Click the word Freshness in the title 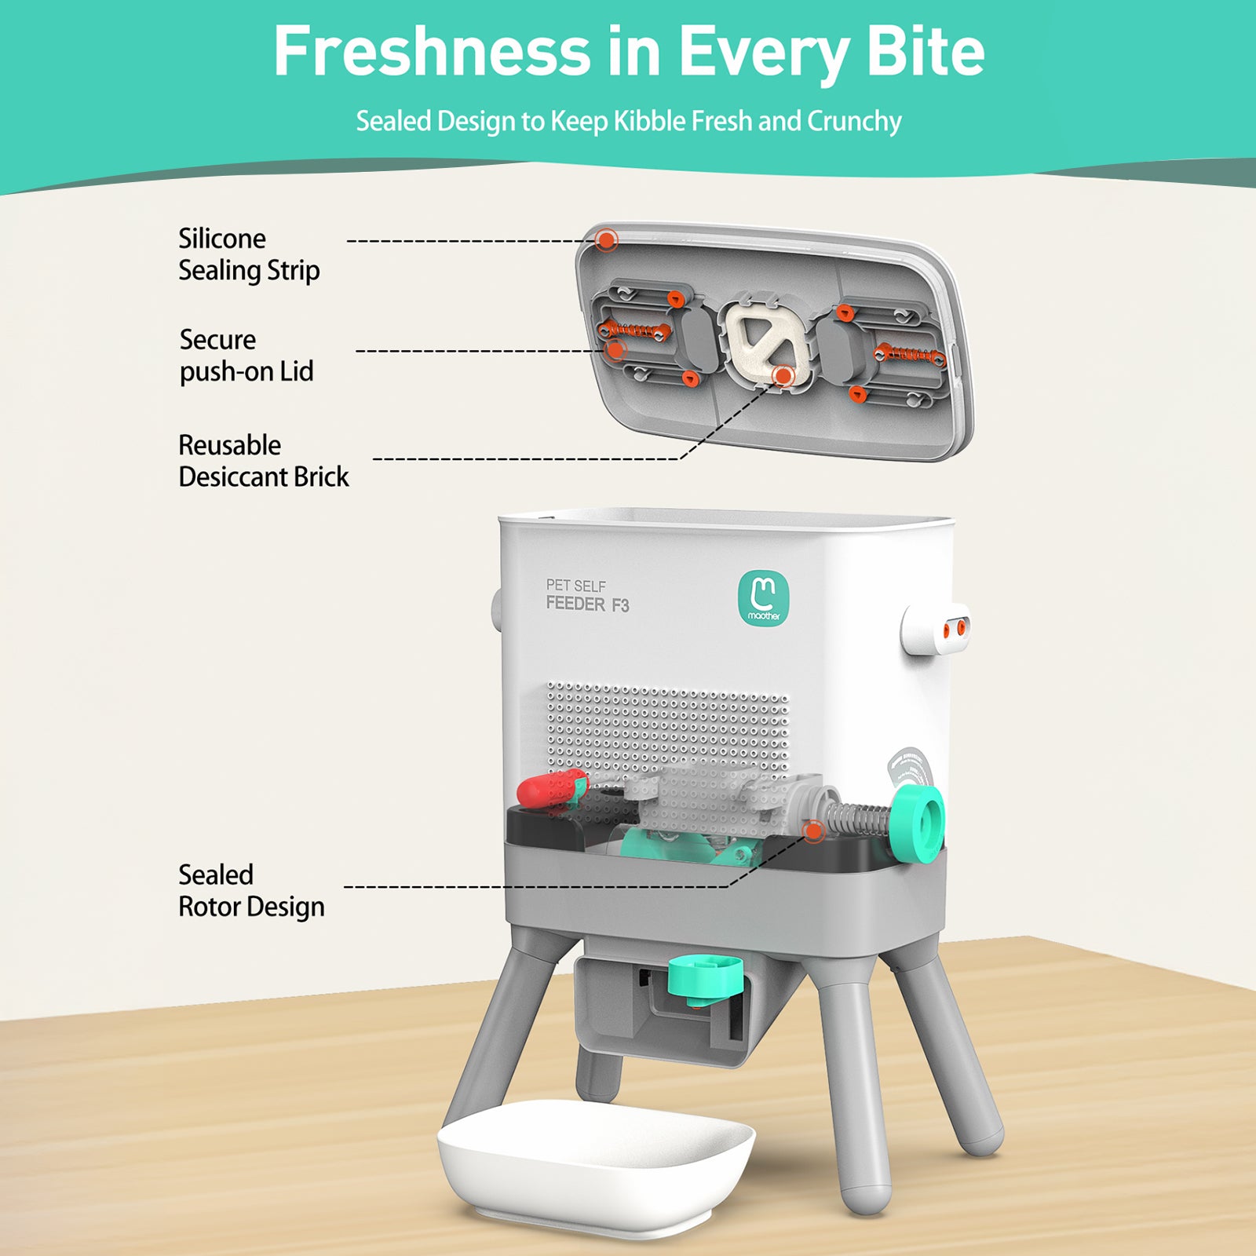[432, 52]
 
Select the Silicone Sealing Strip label [249, 254]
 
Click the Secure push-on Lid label [246, 356]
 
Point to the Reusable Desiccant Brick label [264, 461]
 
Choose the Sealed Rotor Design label [251, 890]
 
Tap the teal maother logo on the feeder [763, 597]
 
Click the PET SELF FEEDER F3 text [587, 596]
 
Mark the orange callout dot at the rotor [814, 830]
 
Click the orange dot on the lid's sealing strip [606, 239]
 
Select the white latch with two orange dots [937, 630]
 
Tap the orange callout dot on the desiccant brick [783, 376]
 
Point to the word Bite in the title [926, 52]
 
